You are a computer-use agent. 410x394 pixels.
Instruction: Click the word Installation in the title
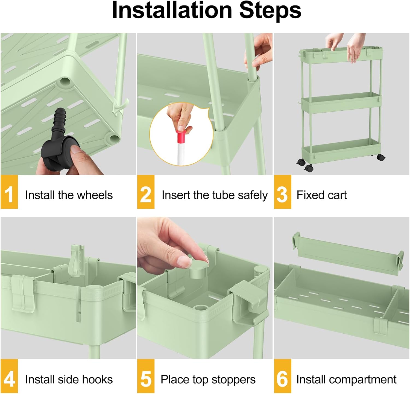[172, 10]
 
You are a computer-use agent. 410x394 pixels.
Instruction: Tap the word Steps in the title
[270, 10]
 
